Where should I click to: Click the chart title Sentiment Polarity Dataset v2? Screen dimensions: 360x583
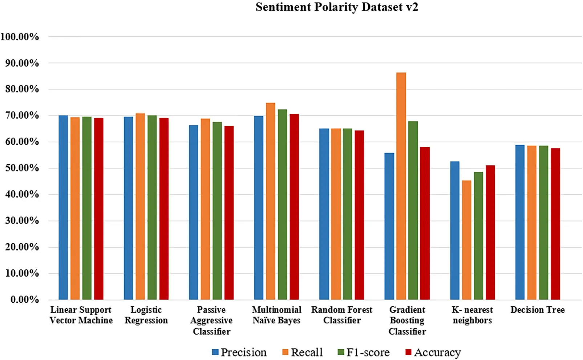(x=337, y=7)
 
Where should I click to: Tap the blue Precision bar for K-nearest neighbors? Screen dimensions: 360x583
(x=454, y=231)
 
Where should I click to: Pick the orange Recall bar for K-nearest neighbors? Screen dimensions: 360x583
(x=466, y=240)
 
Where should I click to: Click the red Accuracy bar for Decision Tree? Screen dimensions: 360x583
(x=555, y=224)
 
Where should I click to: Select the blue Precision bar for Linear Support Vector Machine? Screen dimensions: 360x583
(x=63, y=207)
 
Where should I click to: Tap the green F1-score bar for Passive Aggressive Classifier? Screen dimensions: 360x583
(x=217, y=211)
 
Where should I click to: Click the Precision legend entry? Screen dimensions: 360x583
(x=239, y=352)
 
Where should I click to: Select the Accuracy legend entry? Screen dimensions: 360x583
(x=433, y=352)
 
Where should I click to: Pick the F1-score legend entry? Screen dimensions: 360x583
(x=364, y=352)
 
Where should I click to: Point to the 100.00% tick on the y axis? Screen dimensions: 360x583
(x=20, y=37)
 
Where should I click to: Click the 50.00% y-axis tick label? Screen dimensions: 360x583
(x=22, y=168)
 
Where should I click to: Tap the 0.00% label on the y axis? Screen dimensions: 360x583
(x=24, y=299)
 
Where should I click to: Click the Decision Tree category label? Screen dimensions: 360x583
(x=537, y=310)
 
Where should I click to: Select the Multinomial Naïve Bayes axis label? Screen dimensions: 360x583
(x=276, y=315)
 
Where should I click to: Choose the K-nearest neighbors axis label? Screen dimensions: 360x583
(x=472, y=315)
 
